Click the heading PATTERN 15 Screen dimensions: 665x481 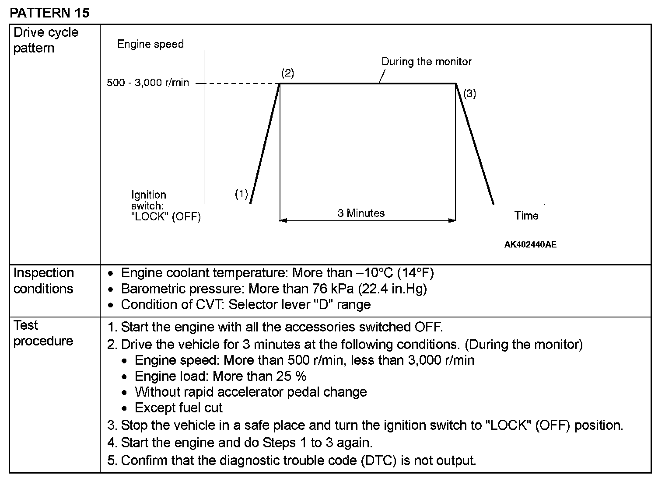[49, 13]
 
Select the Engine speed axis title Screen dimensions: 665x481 [150, 44]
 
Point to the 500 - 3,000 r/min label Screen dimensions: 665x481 [148, 83]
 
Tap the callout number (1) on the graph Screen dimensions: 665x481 [241, 194]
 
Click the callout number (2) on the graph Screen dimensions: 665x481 [287, 73]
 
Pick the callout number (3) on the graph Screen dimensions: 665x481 [469, 93]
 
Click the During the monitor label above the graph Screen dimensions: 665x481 [427, 62]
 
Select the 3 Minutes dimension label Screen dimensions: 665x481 [361, 213]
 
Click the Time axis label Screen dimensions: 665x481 [526, 216]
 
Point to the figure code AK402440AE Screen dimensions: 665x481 [530, 244]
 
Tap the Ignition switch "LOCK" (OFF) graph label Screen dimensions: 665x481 [166, 206]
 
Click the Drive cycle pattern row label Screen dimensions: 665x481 [45, 40]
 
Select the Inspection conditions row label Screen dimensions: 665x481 [43, 281]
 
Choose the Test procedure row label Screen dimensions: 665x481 [43, 333]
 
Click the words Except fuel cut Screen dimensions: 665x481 [178, 408]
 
